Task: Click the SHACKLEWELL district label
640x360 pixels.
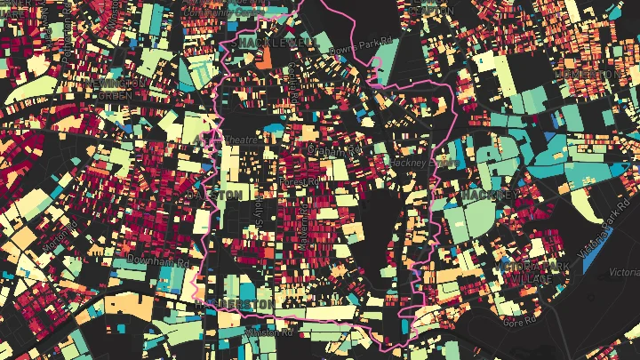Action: (276, 42)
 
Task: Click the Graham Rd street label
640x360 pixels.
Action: (325, 150)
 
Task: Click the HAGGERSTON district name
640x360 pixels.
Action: (233, 304)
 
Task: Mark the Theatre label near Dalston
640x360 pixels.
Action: (241, 140)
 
